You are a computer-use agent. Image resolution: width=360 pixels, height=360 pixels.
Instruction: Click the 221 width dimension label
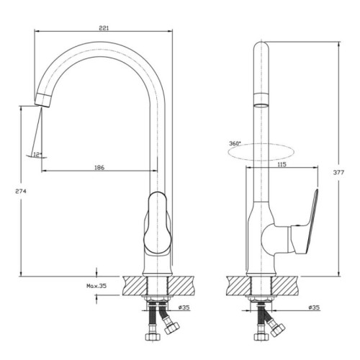(104, 28)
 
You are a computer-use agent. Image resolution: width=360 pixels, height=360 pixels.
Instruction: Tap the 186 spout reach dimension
(99, 168)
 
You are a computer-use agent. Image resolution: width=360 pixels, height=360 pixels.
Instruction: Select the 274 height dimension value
(21, 192)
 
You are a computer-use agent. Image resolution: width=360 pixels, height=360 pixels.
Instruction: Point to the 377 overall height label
(338, 172)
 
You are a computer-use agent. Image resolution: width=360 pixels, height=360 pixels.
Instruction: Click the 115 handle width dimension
(282, 164)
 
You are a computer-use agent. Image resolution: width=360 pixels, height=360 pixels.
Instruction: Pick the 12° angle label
(37, 155)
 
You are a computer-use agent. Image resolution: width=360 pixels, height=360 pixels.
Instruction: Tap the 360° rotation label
(235, 143)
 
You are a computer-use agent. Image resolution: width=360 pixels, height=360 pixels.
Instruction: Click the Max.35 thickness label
(96, 286)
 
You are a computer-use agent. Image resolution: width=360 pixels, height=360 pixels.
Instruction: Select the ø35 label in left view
(184, 307)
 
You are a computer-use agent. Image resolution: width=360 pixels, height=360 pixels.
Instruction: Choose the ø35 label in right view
(314, 307)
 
